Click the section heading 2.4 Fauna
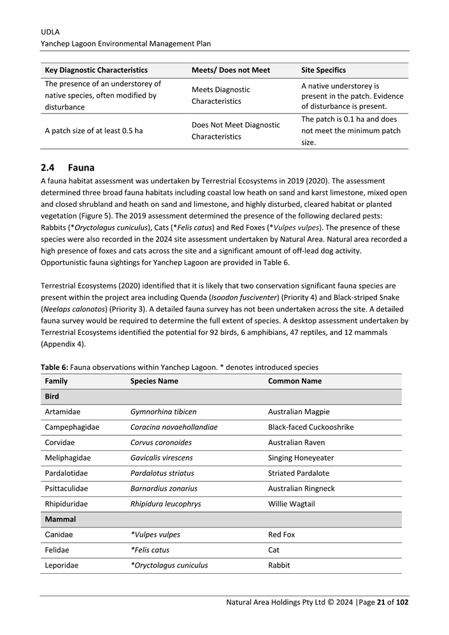[67, 168]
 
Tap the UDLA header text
[50, 31]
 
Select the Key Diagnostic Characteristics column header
[96, 70]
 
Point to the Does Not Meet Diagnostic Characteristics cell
[235, 131]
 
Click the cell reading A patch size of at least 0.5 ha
[94, 131]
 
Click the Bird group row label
[52, 396]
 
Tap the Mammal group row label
[60, 519]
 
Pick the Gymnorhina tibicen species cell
[163, 411]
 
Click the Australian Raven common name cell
[296, 442]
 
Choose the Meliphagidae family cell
[68, 457]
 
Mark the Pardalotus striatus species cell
[162, 473]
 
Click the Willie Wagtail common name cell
[291, 504]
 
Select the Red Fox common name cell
[282, 534]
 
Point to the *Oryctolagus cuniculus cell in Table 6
[169, 565]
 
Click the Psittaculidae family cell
[66, 489]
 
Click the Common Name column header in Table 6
[294, 381]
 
